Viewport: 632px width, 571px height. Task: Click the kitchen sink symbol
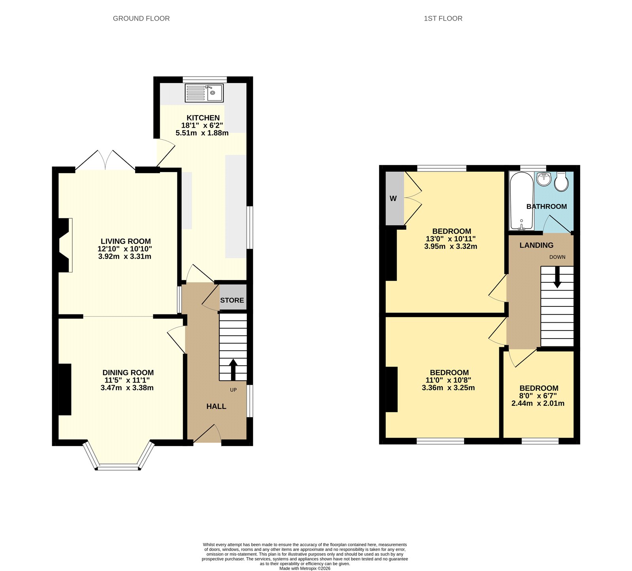click(204, 93)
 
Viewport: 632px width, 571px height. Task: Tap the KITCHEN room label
click(203, 118)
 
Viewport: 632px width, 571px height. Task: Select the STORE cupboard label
click(232, 300)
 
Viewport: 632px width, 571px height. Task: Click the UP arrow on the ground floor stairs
click(233, 369)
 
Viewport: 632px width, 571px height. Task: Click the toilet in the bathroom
click(561, 182)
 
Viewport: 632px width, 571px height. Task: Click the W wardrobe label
click(393, 199)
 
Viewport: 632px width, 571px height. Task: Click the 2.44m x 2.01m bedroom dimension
click(538, 403)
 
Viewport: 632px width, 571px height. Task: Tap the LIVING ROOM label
click(126, 241)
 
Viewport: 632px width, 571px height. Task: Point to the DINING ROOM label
click(128, 372)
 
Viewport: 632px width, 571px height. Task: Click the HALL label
click(216, 407)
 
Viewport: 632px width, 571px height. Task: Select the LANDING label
click(536, 245)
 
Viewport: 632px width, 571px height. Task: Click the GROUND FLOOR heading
click(141, 18)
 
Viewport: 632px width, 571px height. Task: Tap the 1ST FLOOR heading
click(443, 18)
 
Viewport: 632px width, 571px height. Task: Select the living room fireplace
click(66, 245)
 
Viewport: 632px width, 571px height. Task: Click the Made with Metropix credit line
click(305, 569)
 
